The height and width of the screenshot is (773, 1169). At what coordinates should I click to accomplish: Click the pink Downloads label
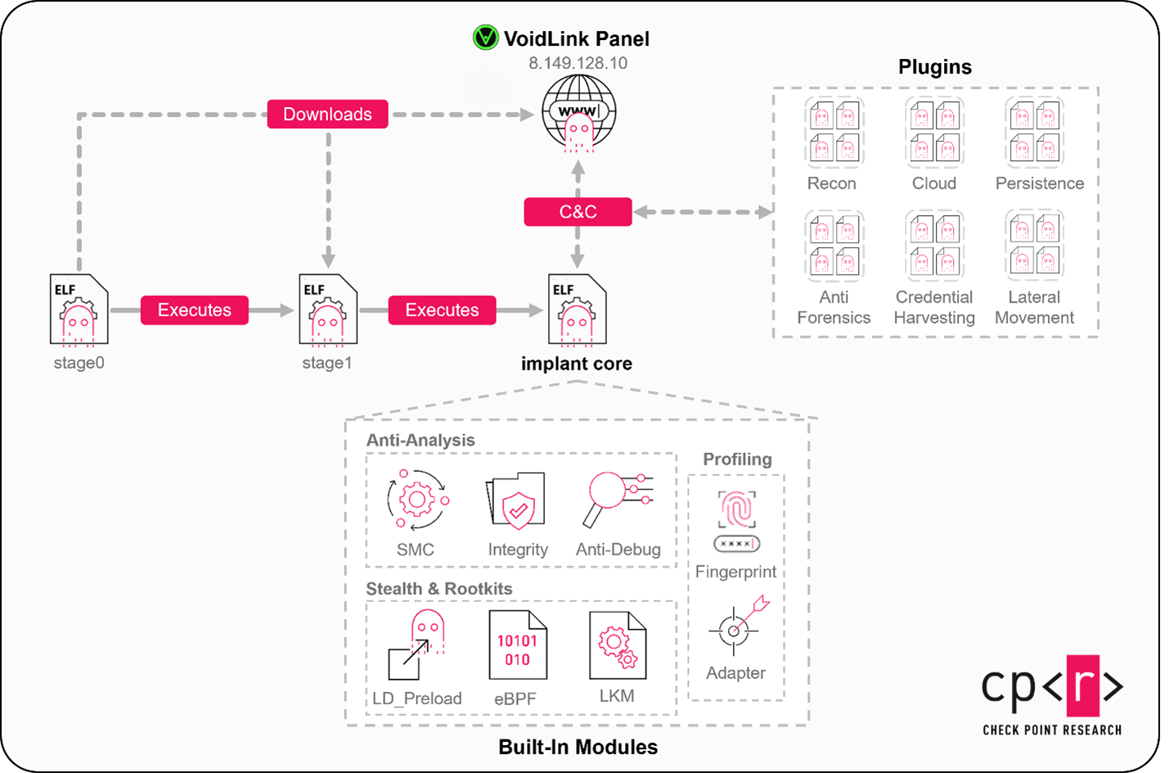[x=327, y=115]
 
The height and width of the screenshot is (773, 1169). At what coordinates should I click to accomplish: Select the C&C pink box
[x=578, y=212]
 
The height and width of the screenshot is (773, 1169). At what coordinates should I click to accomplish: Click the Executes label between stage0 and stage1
[x=194, y=310]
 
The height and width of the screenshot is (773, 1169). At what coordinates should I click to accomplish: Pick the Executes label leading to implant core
[x=442, y=310]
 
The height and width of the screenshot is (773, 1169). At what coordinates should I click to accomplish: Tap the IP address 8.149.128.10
[x=578, y=63]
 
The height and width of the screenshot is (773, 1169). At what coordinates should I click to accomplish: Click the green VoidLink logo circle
[x=485, y=38]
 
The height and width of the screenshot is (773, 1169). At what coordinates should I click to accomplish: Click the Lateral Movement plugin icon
[x=1035, y=245]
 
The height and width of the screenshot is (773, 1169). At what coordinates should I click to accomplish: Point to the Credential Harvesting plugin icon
[x=934, y=245]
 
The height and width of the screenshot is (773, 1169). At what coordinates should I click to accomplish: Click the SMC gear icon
[x=417, y=500]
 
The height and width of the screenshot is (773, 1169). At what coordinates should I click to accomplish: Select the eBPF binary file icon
[x=517, y=645]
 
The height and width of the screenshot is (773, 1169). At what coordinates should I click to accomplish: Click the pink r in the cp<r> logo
[x=1081, y=685]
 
